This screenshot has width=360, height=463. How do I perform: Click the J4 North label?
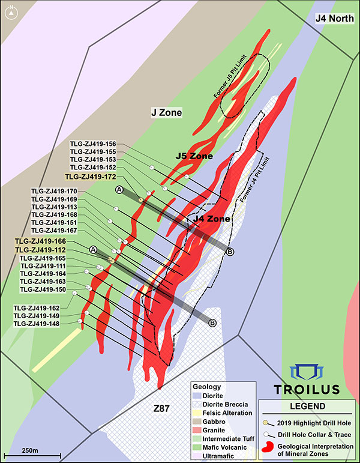[x=337, y=19]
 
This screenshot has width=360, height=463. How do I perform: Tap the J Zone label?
[x=166, y=112]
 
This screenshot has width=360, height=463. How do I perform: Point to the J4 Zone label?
[x=211, y=219]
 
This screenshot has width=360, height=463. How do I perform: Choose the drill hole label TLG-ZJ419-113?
[x=54, y=207]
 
